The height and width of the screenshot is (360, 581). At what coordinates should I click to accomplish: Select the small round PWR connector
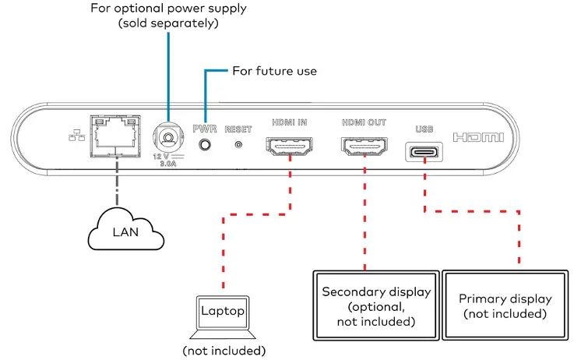[x=205, y=144]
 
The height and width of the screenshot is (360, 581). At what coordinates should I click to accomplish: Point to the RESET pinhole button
[x=238, y=144]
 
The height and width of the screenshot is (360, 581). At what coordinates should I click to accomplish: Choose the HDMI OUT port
[x=363, y=146]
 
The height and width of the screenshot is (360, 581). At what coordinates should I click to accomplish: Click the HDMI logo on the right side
[x=478, y=137]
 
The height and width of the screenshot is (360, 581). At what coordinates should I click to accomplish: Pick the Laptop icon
[x=223, y=315]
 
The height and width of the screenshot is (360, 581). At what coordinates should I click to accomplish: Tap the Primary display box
[x=505, y=305]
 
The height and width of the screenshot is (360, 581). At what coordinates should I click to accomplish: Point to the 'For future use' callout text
[x=275, y=71]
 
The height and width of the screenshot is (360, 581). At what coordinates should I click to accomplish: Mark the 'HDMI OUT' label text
[x=363, y=122]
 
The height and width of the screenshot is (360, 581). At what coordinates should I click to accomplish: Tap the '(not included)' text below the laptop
[x=224, y=350]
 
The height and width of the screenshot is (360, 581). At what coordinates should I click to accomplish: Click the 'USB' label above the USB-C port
[x=424, y=128]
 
